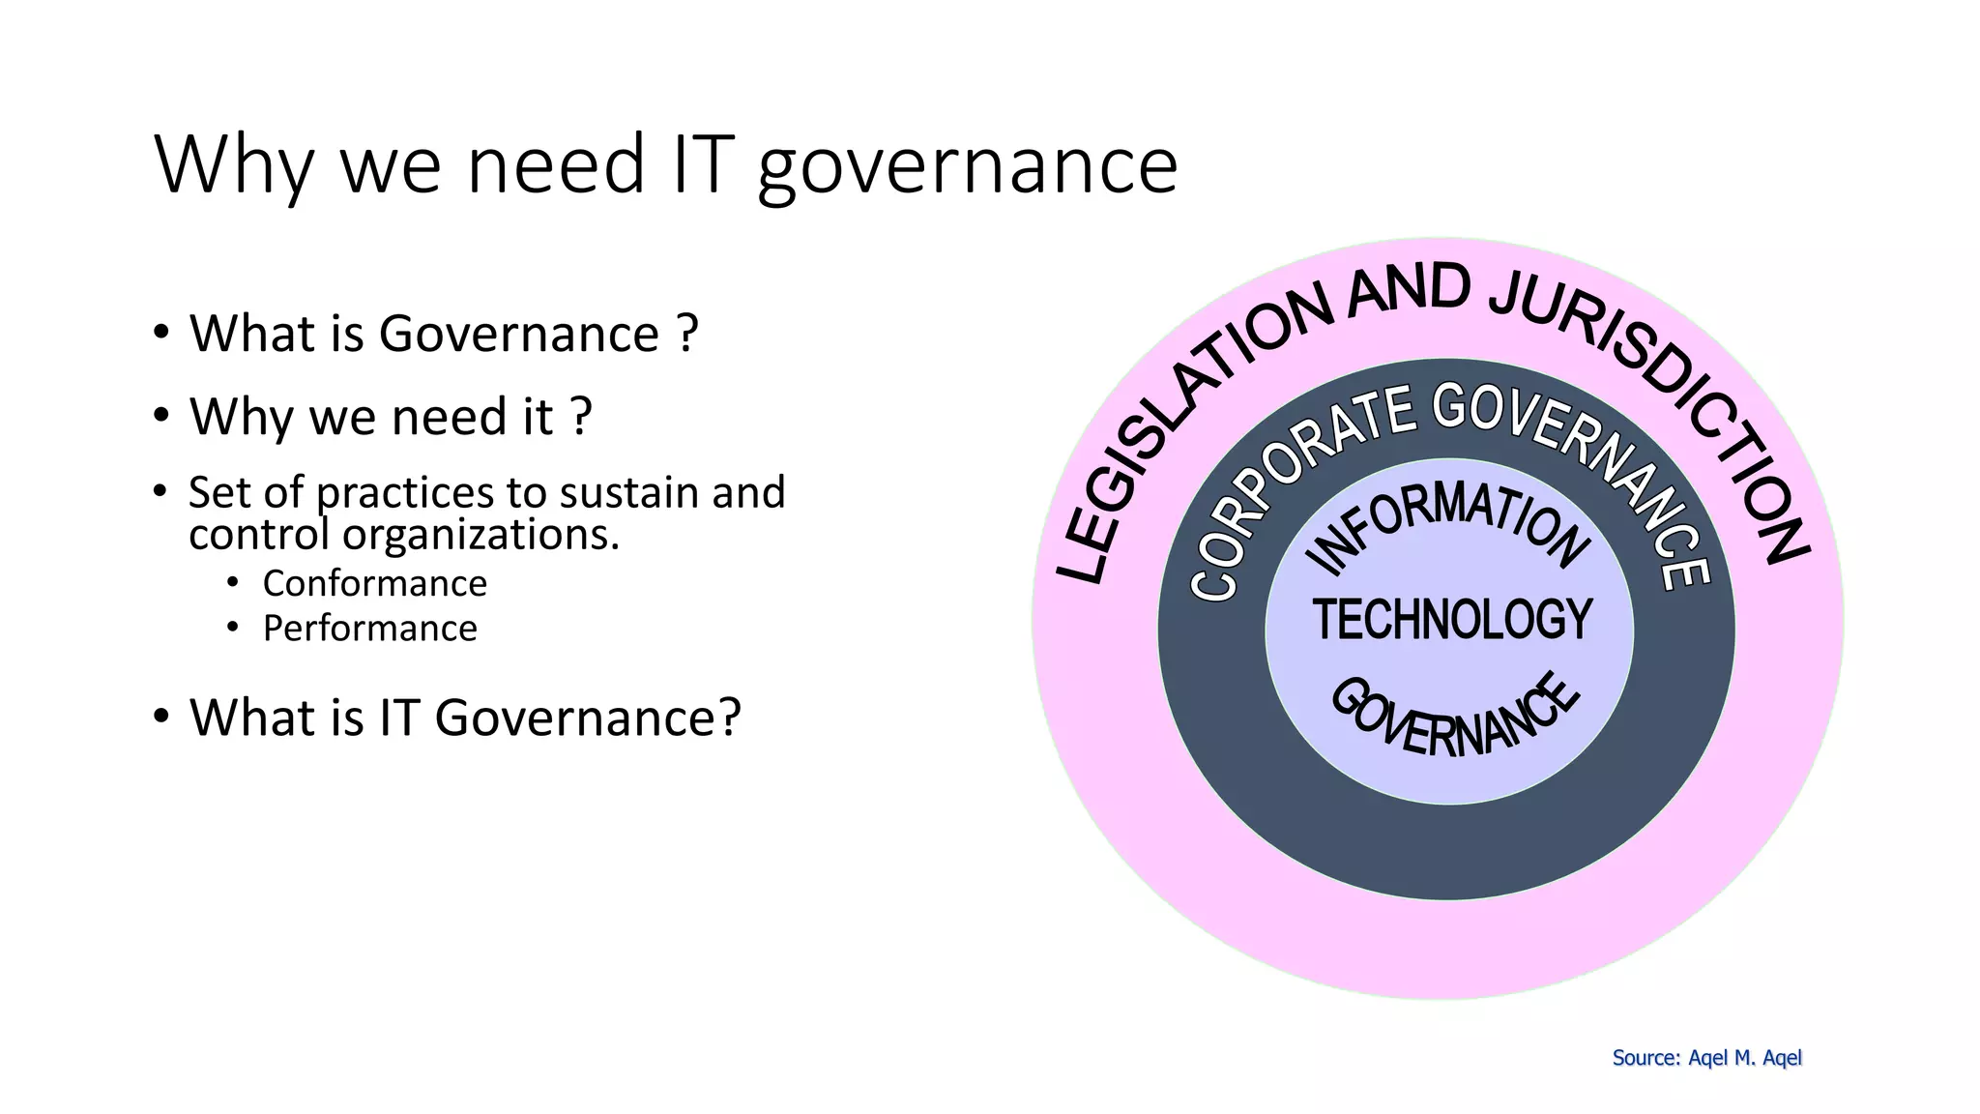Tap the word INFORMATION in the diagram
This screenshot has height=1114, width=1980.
coord(1447,525)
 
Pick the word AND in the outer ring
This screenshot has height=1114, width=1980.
coord(1410,289)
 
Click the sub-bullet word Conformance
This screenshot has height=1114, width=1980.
coord(375,584)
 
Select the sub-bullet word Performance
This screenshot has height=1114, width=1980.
coord(370,629)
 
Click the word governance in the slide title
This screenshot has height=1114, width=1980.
coord(968,166)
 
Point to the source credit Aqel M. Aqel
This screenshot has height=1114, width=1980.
coord(1744,1058)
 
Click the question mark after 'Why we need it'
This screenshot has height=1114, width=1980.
coord(580,418)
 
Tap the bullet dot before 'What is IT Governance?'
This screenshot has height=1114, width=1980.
coord(161,717)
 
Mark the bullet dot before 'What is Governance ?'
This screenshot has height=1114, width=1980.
coord(161,333)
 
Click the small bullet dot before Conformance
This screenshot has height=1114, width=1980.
coord(233,583)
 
